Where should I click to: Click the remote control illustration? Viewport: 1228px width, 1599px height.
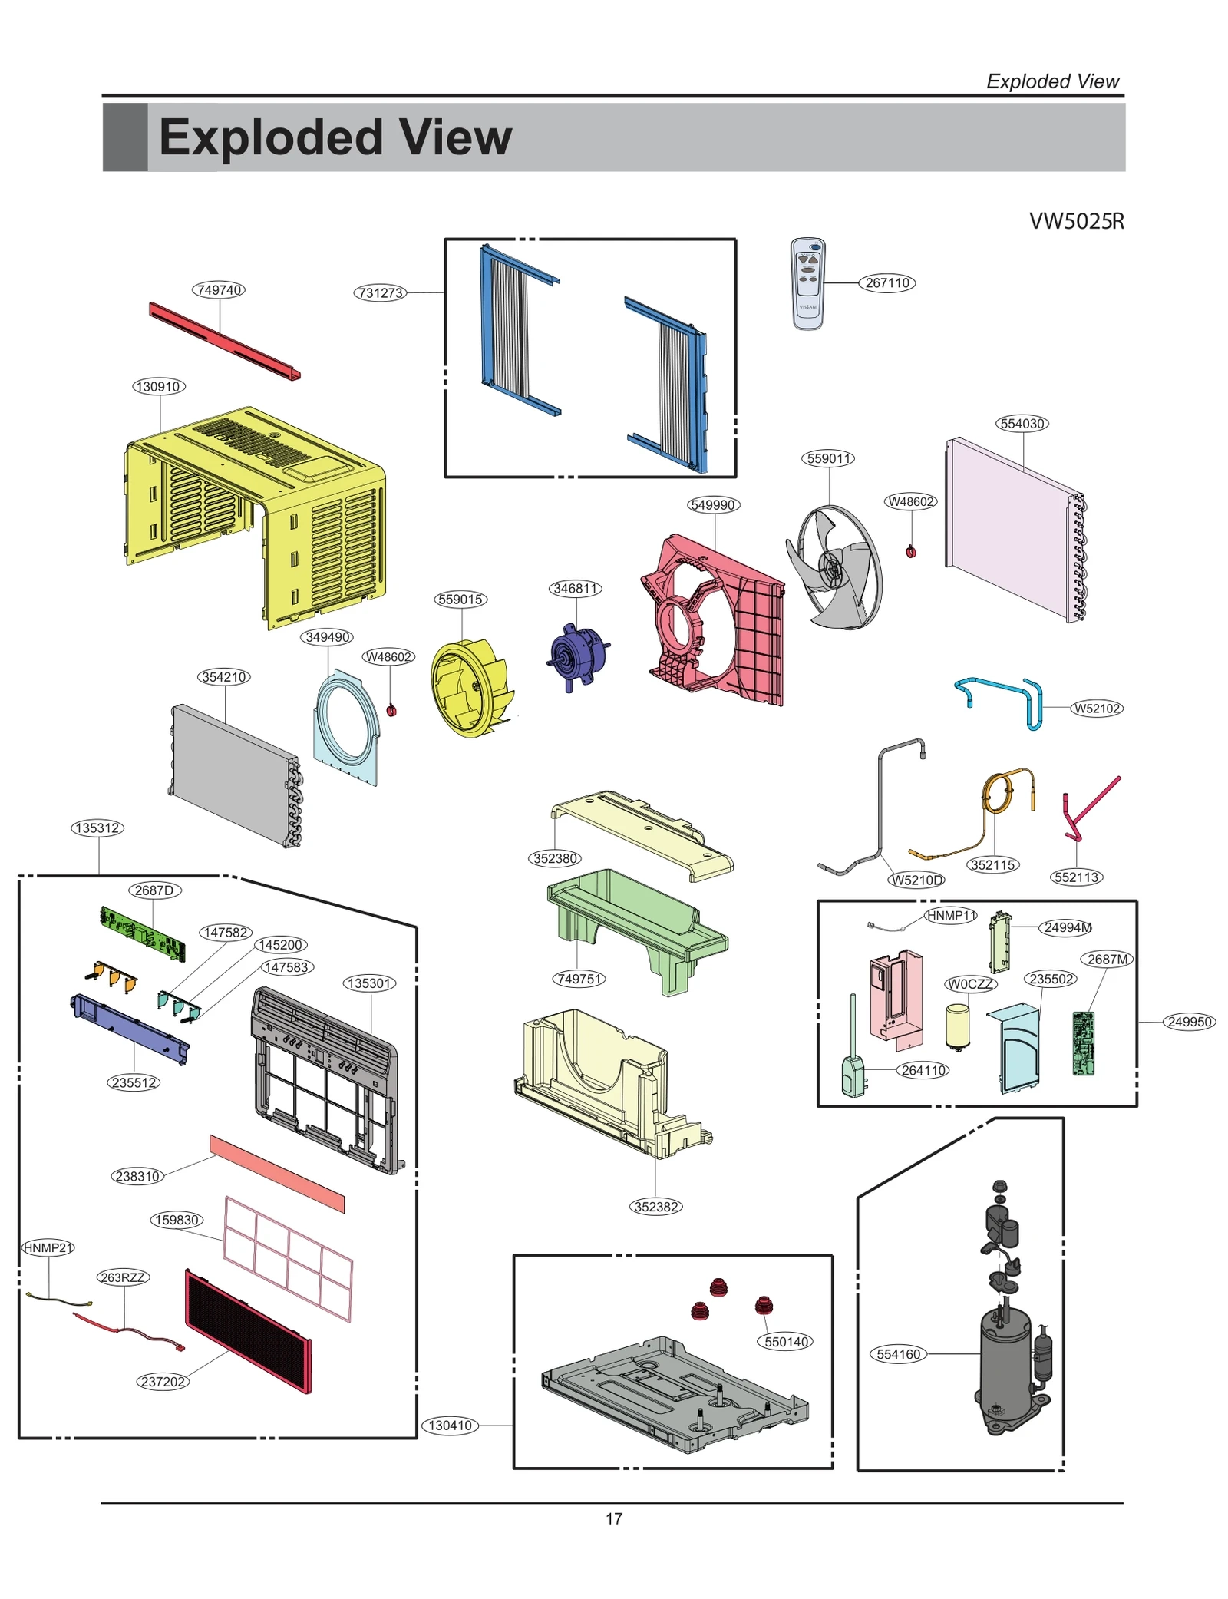coord(807,284)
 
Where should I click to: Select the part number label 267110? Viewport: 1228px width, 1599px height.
coord(886,282)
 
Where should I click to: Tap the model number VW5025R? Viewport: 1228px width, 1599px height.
coord(1076,221)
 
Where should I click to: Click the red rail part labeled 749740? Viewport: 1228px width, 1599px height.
coord(224,342)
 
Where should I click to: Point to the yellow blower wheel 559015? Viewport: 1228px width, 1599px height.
coord(468,689)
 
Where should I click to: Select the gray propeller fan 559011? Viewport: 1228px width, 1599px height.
coord(834,568)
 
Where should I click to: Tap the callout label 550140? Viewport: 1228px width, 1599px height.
coord(786,1342)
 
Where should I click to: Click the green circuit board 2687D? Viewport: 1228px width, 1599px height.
coord(143,933)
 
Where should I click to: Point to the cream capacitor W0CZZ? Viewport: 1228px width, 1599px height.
coord(957,1026)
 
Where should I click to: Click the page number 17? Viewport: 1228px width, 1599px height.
coord(614,1518)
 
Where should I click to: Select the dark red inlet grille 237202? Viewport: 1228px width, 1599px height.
coord(248,1331)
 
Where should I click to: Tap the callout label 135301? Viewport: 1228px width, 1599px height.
coord(369,983)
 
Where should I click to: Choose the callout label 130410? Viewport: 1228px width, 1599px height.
coord(450,1426)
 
